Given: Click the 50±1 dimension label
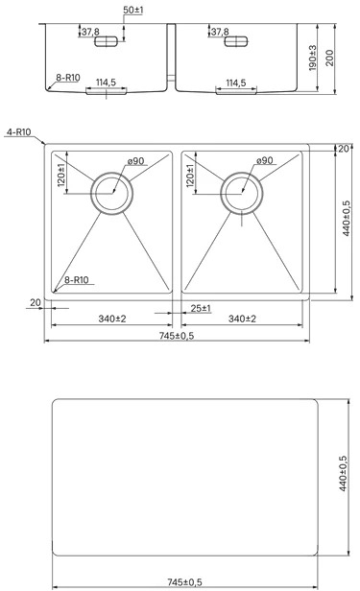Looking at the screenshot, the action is [133, 11].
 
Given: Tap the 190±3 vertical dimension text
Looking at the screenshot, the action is [313, 58].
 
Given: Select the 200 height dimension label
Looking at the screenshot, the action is [330, 58].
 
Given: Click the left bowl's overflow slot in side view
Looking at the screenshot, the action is [107, 41].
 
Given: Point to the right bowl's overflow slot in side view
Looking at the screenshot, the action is [236, 41].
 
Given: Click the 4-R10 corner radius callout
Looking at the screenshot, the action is [18, 132].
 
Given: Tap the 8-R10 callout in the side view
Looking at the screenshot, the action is [68, 78].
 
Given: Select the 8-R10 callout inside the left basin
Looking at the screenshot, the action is [77, 280].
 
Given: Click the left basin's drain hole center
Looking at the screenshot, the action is [112, 194].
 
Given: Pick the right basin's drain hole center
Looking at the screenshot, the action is [242, 194].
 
